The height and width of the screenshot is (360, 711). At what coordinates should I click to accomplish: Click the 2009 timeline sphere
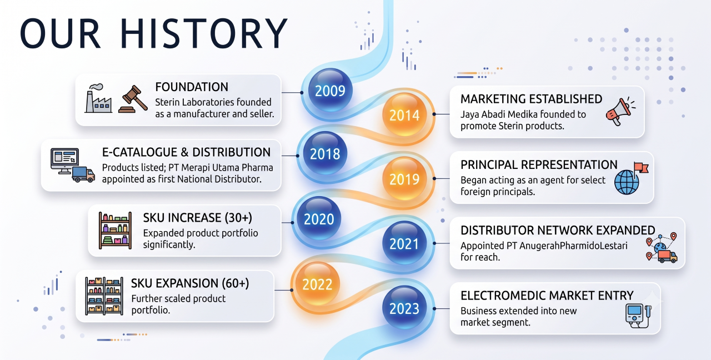pos(330,90)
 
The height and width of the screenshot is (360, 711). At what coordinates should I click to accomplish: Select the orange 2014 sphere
pos(404,114)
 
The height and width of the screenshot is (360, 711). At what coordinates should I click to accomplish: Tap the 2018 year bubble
pos(325,153)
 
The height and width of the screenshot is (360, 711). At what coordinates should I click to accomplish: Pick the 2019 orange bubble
pos(404,179)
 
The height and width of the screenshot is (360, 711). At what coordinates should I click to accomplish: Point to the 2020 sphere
pos(319,218)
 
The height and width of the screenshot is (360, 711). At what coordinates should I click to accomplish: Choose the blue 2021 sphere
pos(404,243)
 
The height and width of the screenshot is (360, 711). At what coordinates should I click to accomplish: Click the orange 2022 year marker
pos(317,284)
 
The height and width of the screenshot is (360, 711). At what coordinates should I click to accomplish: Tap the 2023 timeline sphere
pos(404,308)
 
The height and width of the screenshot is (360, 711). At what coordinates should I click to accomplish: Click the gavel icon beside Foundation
pos(133,99)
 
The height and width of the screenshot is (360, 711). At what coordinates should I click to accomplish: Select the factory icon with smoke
pos(98,98)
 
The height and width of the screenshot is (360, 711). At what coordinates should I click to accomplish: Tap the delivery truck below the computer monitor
pos(83,174)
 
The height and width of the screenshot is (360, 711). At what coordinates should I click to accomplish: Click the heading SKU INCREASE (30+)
pos(197,218)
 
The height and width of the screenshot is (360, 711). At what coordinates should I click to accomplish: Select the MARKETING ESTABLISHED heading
pos(532,99)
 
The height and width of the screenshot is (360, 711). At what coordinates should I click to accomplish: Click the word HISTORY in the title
pos(204,33)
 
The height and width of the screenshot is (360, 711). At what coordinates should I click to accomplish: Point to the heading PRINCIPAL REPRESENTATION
pos(539,165)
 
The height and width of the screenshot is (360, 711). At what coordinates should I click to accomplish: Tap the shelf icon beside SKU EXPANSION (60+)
pos(104,296)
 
